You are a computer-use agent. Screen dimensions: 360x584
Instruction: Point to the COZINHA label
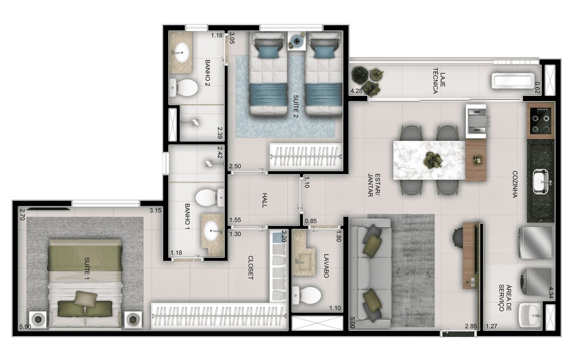(514, 184)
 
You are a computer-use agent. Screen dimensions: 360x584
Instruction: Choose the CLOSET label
(250, 267)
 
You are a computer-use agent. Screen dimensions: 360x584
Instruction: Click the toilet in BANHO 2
(184, 87)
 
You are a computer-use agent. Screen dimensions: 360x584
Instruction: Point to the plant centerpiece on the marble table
(432, 160)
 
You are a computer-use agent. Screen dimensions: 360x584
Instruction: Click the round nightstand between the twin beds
(297, 41)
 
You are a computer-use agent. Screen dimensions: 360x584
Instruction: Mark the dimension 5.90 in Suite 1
(25, 326)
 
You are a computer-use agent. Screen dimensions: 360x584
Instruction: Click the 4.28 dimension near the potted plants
(356, 91)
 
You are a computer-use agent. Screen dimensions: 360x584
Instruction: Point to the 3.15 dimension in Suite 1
(155, 211)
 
